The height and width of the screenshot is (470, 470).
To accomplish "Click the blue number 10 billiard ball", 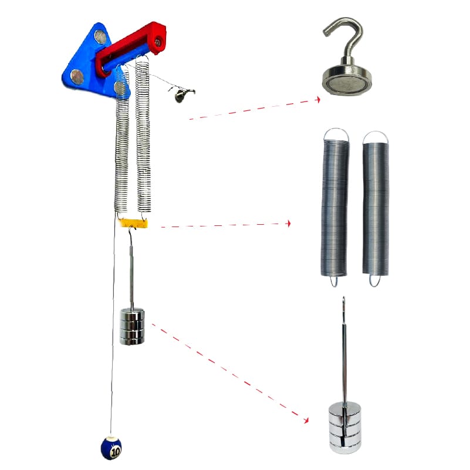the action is tap(111, 448).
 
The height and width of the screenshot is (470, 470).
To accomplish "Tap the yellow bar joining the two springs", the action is tap(133, 224).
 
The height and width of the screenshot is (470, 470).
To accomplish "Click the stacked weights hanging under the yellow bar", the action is tap(132, 326).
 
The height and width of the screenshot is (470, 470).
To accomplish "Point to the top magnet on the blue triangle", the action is tap(100, 37).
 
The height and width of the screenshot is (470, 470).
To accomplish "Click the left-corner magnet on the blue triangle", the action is tap(77, 76).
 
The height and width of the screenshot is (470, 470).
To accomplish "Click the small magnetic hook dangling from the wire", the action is tap(182, 94).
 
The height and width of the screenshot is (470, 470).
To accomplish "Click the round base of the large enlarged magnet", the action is tap(347, 80).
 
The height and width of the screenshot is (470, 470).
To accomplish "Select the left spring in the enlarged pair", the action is tap(335, 207).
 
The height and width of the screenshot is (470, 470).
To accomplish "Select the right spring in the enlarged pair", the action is tap(376, 208).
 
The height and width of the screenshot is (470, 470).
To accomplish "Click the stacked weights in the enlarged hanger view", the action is tap(344, 429).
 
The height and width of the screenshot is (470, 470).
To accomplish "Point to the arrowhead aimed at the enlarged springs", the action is tap(288, 224).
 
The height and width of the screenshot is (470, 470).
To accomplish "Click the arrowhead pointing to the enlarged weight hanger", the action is tap(306, 420).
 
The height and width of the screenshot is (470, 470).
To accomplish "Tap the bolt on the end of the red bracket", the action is tap(158, 42).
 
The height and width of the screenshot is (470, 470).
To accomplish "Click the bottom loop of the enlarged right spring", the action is tap(375, 280).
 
